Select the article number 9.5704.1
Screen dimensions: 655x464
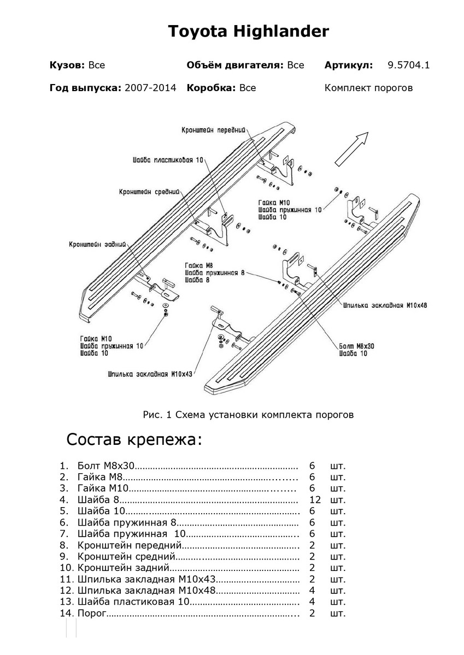click(408, 65)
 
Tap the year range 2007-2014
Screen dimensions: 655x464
click(151, 87)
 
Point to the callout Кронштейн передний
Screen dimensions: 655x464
click(213, 130)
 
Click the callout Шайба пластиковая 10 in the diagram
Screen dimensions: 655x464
click(167, 160)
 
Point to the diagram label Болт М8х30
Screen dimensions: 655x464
click(356, 346)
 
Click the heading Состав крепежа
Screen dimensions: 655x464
click(134, 439)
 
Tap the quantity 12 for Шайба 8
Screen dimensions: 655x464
click(314, 499)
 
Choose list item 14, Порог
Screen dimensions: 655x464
click(90, 614)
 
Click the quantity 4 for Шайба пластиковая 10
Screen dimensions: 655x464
click(312, 602)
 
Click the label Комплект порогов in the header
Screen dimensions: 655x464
click(368, 87)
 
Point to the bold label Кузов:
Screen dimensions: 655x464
click(67, 65)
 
